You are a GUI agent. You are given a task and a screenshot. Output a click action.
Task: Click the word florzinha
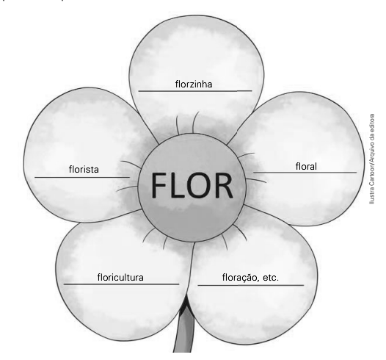[x=194, y=84]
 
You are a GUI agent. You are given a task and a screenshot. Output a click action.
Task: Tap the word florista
[x=84, y=169]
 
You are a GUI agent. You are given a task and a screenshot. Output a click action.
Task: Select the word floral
[x=306, y=166]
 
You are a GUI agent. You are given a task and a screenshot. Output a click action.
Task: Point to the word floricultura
[x=120, y=277]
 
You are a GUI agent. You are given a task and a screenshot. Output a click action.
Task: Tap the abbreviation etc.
[x=271, y=278]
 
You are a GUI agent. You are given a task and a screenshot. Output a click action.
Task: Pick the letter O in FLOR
[x=197, y=185]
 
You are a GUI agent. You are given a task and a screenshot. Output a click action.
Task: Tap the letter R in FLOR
[x=223, y=185]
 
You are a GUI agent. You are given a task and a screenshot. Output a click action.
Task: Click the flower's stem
[x=184, y=328]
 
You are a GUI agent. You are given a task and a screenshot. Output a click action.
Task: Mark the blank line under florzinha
[x=195, y=91]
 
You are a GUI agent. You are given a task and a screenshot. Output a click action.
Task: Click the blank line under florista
[x=82, y=177]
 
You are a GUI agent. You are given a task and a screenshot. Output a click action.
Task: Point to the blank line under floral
[x=305, y=172]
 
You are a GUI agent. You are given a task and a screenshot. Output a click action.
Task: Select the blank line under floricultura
[x=121, y=284]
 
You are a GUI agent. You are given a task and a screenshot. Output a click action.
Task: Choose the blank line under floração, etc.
[x=251, y=285]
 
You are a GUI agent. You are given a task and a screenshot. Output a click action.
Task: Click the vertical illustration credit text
[x=372, y=159]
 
